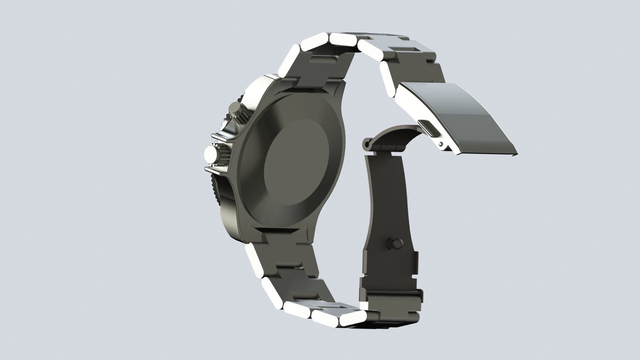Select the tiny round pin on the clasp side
(441, 144)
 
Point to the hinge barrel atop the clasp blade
(368, 144)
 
